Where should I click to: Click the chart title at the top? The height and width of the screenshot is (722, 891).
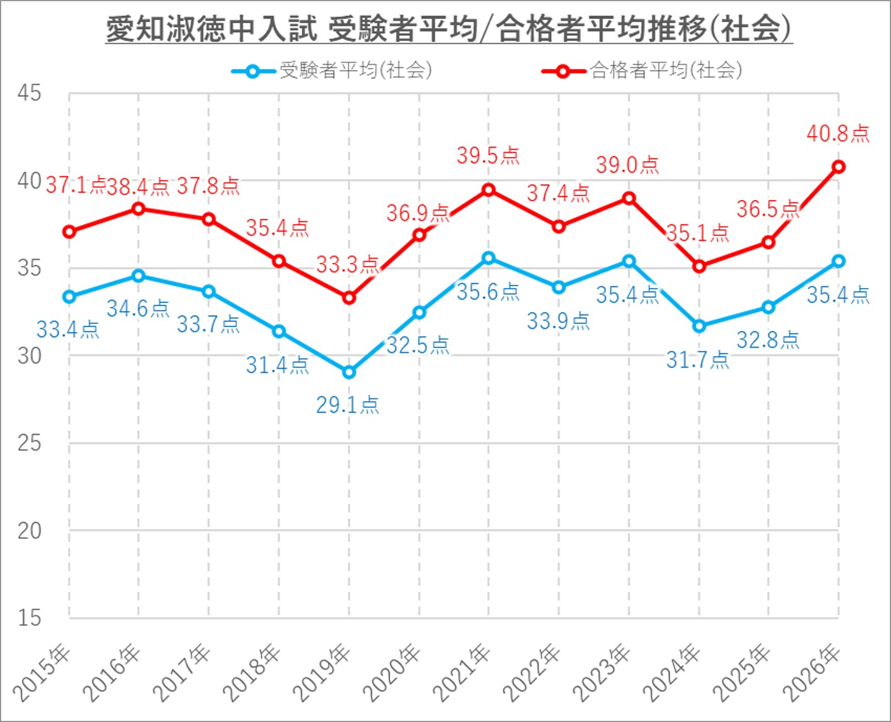(x=448, y=30)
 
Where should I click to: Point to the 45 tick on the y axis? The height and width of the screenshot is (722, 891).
(x=29, y=93)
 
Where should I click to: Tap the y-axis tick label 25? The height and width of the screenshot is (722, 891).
(x=29, y=443)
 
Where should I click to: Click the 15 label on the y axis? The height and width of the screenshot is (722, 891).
(x=29, y=618)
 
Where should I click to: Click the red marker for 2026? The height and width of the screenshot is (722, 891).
(x=838, y=167)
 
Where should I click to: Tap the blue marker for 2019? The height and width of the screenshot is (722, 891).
(x=349, y=372)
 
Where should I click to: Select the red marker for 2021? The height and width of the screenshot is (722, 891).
(x=488, y=190)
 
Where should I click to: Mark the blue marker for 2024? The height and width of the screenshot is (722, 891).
(x=698, y=326)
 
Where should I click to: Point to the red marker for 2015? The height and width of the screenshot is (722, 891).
(x=69, y=232)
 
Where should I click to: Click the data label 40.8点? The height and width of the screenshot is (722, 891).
(x=838, y=133)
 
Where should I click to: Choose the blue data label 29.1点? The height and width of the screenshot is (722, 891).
(x=347, y=405)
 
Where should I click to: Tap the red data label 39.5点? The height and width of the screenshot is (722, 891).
(x=488, y=155)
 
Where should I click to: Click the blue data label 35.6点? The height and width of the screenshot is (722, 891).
(x=488, y=292)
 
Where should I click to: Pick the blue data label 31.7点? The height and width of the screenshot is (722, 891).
(x=697, y=360)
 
